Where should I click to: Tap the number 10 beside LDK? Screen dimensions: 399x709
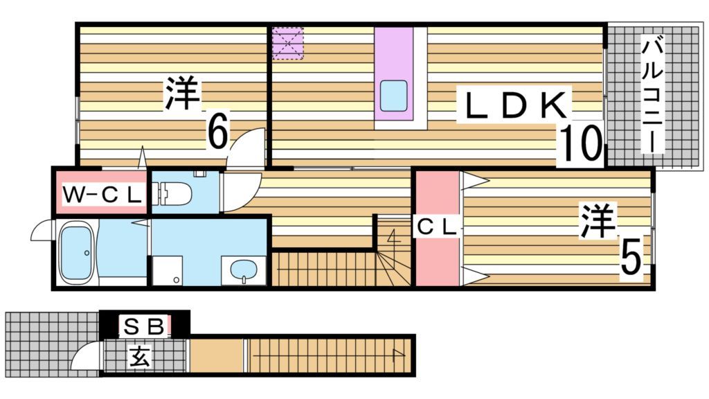click(x=580, y=143)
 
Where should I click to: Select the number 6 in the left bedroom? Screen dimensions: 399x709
click(x=217, y=132)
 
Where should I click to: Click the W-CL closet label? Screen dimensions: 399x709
click(x=102, y=195)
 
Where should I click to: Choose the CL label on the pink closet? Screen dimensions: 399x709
click(x=437, y=226)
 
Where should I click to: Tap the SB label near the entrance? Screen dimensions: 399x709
click(x=143, y=324)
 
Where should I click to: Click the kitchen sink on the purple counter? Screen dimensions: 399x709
click(x=393, y=96)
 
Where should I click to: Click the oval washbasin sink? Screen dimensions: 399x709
click(x=242, y=269)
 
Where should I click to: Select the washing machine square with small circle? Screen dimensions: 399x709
click(x=166, y=269)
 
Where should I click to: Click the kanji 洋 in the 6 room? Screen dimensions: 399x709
click(x=182, y=94)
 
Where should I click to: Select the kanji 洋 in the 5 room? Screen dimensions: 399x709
click(x=598, y=220)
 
